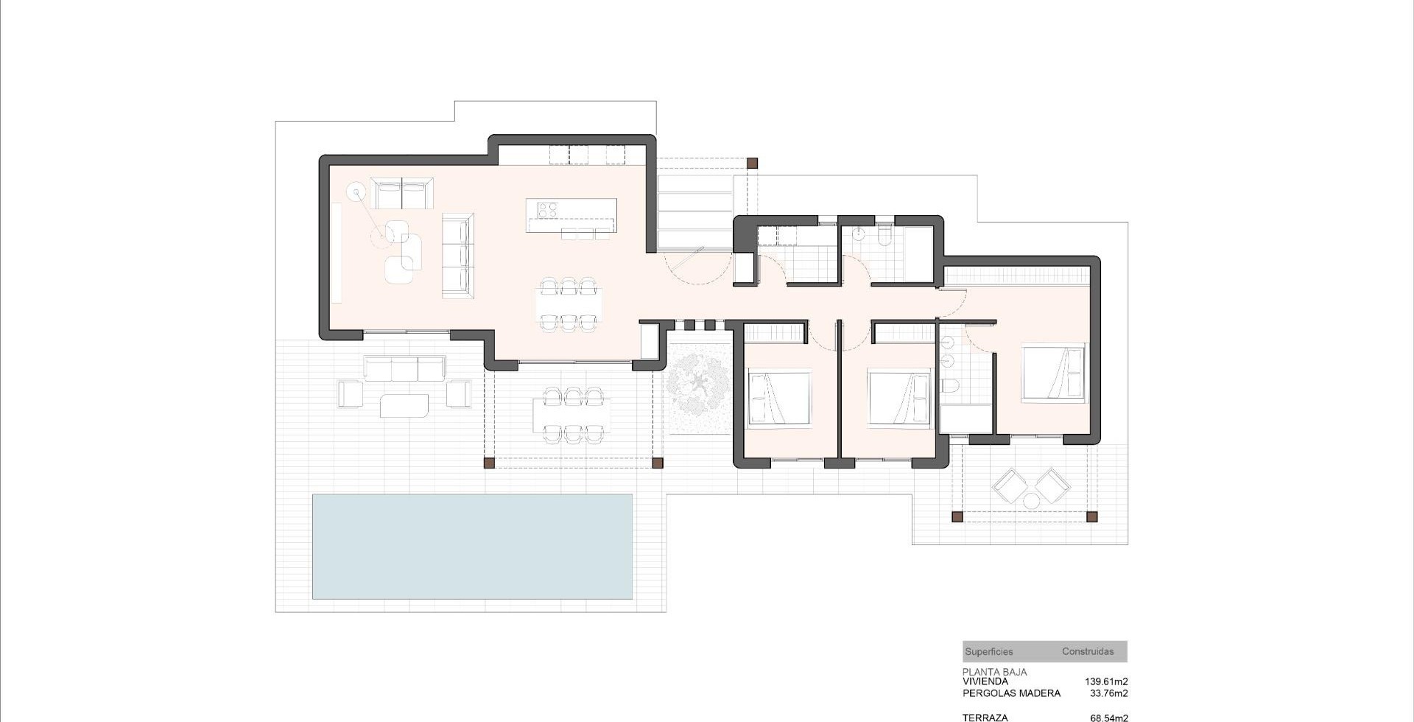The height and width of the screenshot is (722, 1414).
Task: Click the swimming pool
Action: click(x=472, y=546)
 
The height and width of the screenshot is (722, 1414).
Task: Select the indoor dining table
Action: click(x=569, y=305)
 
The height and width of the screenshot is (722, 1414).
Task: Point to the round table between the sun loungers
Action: click(x=1031, y=501)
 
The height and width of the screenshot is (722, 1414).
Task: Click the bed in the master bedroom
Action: click(x=1052, y=373)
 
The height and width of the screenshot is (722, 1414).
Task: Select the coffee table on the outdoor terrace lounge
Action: click(x=404, y=405)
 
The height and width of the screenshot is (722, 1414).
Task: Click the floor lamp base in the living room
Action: click(x=357, y=193)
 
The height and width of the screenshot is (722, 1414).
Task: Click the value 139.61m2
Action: click(x=1106, y=681)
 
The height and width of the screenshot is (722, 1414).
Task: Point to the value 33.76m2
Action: click(x=1108, y=693)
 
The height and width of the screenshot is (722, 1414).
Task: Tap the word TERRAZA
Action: click(x=985, y=718)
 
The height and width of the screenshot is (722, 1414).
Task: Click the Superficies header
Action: click(x=989, y=652)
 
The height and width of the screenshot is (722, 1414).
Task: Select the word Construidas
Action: click(x=1088, y=652)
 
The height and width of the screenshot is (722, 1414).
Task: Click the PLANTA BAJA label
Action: click(x=994, y=672)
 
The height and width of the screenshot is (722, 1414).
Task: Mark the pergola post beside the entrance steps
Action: click(x=752, y=164)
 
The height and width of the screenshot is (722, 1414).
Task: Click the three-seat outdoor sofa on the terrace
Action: click(x=405, y=368)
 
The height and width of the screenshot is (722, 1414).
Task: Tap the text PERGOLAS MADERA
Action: click(x=1012, y=693)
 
